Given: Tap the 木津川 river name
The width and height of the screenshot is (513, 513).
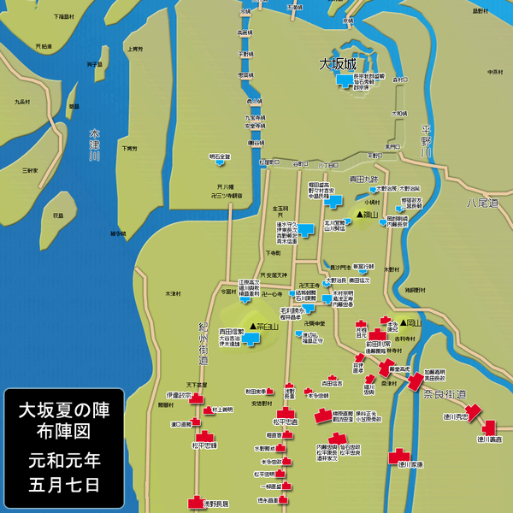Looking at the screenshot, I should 95,144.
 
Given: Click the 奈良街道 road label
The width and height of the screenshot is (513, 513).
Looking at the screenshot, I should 445,394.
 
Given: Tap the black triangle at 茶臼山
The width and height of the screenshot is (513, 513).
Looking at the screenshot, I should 254,326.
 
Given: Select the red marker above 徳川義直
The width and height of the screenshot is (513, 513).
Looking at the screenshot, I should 489,427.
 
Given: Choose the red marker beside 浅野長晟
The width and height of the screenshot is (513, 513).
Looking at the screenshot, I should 194,504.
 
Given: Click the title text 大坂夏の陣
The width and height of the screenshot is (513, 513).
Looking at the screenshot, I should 65,410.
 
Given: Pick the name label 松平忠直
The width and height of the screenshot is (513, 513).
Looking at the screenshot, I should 286,422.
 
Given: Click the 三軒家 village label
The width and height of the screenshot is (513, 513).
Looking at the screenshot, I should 31,170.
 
